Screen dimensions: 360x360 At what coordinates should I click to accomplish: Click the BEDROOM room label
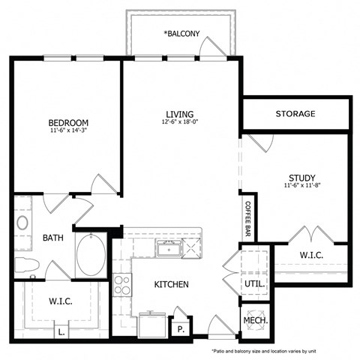(69, 122)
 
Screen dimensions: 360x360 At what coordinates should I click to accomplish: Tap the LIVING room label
(179, 114)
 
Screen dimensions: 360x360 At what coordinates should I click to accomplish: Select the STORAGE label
(295, 114)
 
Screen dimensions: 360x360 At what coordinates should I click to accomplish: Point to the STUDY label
(301, 178)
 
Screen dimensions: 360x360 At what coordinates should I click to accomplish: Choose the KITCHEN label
(172, 284)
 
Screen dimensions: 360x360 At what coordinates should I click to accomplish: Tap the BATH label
(52, 238)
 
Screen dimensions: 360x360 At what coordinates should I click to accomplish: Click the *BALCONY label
(181, 34)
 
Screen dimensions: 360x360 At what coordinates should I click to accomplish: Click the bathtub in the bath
(92, 256)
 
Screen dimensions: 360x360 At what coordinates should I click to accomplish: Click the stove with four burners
(121, 284)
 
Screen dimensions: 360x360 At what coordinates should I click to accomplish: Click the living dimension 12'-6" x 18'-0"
(179, 122)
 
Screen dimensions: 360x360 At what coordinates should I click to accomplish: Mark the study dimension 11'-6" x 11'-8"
(301, 186)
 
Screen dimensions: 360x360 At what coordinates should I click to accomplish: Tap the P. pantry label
(181, 328)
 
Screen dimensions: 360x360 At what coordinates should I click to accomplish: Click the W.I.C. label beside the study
(313, 254)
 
